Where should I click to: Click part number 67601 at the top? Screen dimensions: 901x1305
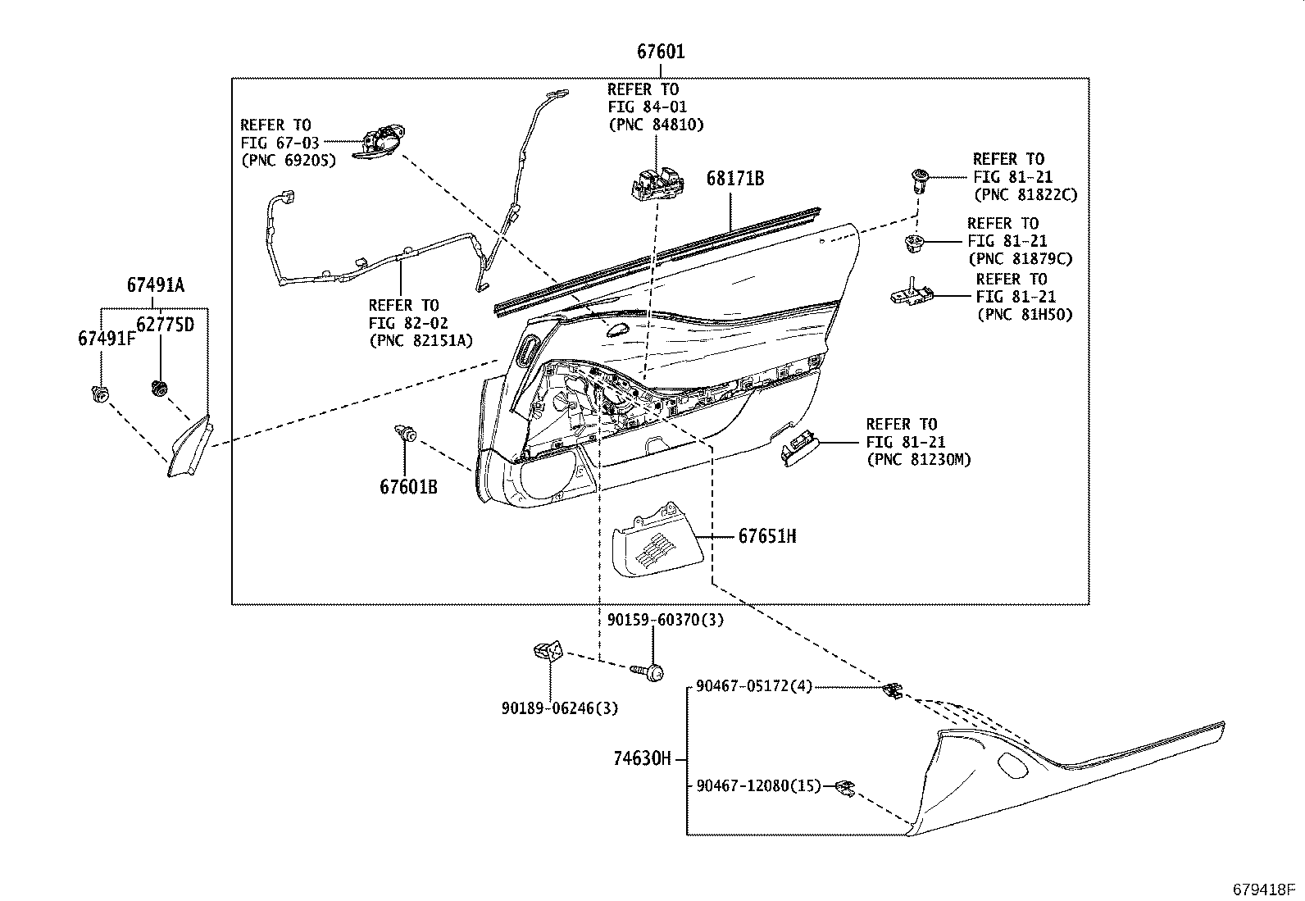click(661, 52)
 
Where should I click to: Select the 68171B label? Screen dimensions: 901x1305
click(735, 179)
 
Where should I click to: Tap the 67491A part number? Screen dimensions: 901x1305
click(155, 285)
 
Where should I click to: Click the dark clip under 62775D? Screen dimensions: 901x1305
click(160, 388)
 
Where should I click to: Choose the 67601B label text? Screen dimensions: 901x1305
click(408, 487)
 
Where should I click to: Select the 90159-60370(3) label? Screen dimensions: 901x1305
click(666, 621)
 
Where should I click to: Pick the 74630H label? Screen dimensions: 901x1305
click(641, 759)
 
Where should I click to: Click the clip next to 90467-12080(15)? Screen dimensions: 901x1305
click(844, 788)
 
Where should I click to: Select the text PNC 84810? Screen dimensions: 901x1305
click(656, 125)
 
